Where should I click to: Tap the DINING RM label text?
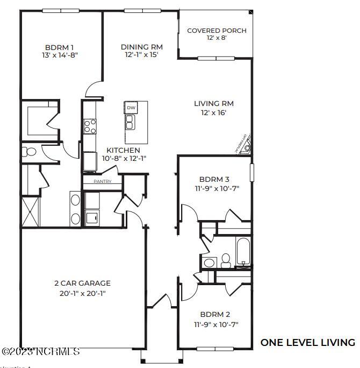coord(141,46)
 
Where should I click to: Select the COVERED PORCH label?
coord(217,31)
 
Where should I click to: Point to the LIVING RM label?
coord(214,103)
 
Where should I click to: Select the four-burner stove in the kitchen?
coord(90,126)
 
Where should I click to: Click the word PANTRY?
coord(102,181)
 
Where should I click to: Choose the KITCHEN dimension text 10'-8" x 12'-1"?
coord(123,158)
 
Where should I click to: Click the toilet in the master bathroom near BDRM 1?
coord(30,152)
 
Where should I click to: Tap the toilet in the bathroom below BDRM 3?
coord(226,261)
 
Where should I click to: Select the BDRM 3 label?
coord(214,180)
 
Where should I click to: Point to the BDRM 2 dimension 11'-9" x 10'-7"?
coord(215,324)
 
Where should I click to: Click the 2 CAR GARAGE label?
coord(82,283)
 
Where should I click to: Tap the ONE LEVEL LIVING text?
coord(307,342)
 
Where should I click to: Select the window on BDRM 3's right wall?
coord(251,173)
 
